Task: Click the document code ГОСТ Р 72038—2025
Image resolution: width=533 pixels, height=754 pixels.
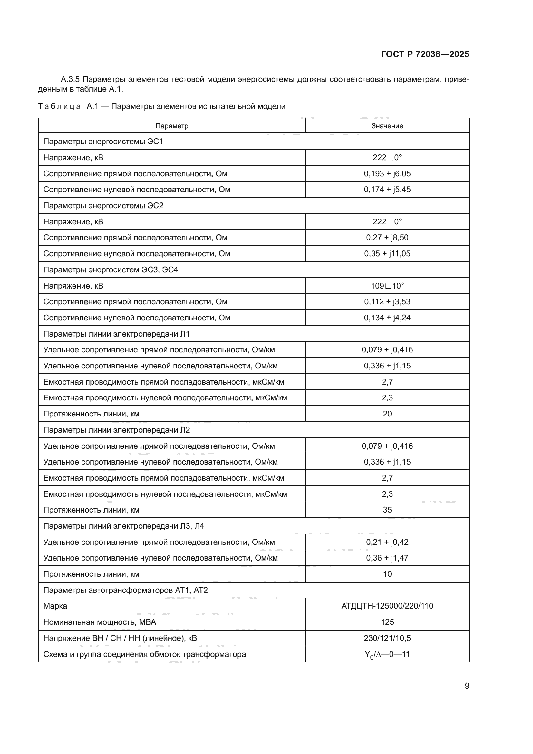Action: click(425, 54)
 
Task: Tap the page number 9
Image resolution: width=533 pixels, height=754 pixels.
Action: click(467, 686)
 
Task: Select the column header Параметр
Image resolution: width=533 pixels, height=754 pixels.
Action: click(172, 126)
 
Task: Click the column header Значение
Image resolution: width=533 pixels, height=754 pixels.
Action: click(387, 126)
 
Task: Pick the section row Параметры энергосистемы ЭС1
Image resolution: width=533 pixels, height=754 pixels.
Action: click(103, 142)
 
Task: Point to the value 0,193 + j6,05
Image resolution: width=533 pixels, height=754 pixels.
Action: click(387, 173)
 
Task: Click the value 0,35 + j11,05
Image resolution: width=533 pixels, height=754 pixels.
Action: click(387, 253)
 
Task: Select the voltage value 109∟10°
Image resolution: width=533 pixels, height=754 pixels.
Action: click(387, 286)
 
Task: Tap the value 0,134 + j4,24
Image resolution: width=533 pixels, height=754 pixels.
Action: click(387, 318)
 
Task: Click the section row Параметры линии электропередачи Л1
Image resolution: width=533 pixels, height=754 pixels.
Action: click(116, 334)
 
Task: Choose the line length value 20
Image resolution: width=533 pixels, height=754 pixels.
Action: click(387, 414)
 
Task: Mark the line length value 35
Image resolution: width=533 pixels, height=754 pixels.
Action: click(387, 510)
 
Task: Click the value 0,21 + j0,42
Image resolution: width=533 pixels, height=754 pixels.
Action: click(387, 542)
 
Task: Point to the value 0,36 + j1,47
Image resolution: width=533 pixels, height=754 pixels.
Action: click(387, 558)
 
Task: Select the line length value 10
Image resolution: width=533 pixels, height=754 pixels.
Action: click(387, 574)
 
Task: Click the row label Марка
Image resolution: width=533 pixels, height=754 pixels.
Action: click(55, 606)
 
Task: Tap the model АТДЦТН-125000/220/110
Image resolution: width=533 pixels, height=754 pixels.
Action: click(387, 606)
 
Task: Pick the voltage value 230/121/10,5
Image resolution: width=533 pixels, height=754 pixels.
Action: click(387, 638)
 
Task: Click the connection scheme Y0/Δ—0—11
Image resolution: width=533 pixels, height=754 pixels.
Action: click(387, 654)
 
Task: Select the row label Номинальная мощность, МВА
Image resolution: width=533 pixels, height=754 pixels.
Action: click(100, 622)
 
